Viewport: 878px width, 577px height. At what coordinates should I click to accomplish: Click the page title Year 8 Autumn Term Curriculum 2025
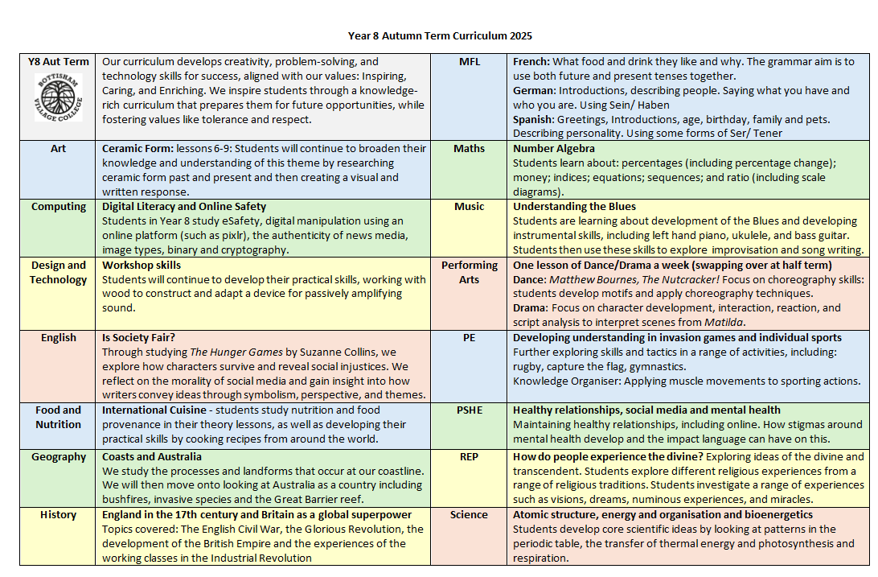pyautogui.click(x=440, y=36)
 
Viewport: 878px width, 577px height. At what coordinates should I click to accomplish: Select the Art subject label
pyautogui.click(x=58, y=149)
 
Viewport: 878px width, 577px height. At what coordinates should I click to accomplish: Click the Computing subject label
pyautogui.click(x=59, y=207)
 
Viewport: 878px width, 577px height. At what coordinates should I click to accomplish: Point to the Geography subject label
pyautogui.click(x=59, y=457)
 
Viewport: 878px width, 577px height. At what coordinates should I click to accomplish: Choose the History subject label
pyautogui.click(x=58, y=515)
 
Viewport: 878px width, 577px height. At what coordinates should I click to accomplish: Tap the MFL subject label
pyautogui.click(x=469, y=62)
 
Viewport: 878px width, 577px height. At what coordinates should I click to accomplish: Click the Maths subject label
pyautogui.click(x=469, y=149)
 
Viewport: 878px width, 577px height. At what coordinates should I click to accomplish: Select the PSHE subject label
pyautogui.click(x=469, y=410)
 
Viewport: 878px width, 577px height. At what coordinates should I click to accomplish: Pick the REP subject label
pyautogui.click(x=469, y=457)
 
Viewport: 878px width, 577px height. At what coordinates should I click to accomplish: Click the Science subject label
pyautogui.click(x=469, y=515)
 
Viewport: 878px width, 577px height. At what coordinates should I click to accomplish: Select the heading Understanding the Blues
pyautogui.click(x=574, y=207)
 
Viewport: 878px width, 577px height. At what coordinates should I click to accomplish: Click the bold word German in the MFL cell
pyautogui.click(x=534, y=91)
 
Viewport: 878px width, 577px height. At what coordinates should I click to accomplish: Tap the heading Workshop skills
pyautogui.click(x=142, y=265)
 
